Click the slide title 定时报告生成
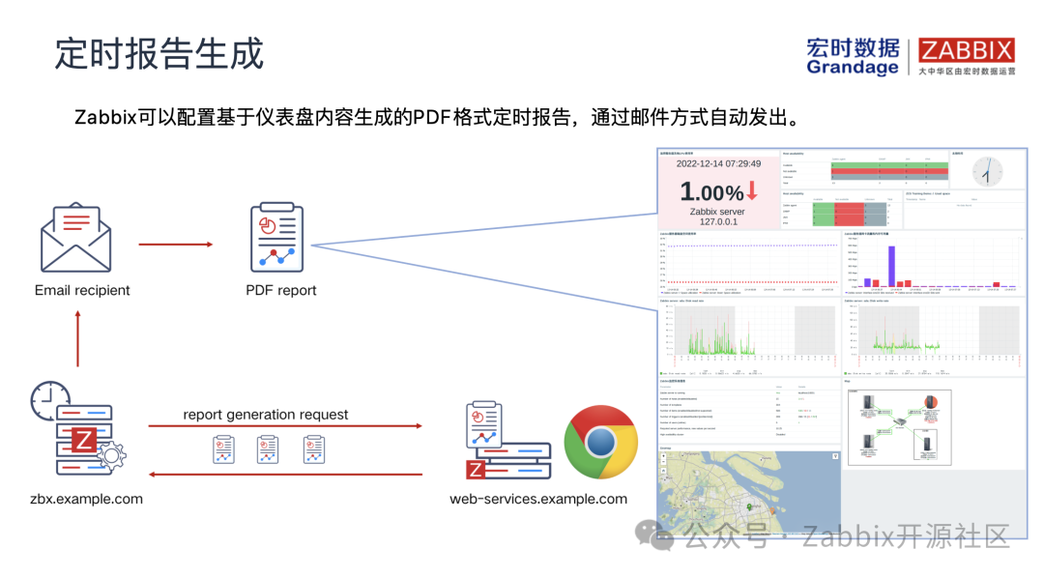[159, 53]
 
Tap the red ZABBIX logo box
[966, 50]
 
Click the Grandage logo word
[852, 68]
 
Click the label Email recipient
[82, 290]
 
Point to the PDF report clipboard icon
[276, 237]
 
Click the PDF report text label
[280, 290]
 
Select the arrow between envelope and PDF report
[175, 244]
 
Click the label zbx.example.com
[86, 499]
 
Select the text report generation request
[266, 415]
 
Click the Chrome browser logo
[600, 443]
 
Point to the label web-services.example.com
[538, 499]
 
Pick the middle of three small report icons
[268, 449]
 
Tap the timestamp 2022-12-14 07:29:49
[718, 163]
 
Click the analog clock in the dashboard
[987, 172]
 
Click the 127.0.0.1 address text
[718, 221]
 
